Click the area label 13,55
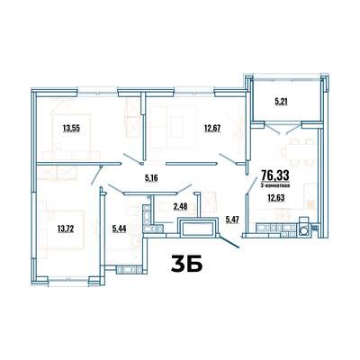pos(71,129)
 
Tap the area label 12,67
pos(212,129)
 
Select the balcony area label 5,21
pos(281,102)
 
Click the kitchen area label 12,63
pos(276,198)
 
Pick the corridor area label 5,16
pos(151,178)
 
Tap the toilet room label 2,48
pos(180,206)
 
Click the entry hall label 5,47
pos(231,220)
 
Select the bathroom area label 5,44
pos(119,229)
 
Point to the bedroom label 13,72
pos(66,229)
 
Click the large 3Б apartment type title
pos(186,264)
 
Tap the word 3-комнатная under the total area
pos(275,185)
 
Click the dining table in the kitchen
pos(295,152)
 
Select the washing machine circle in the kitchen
pos(304,230)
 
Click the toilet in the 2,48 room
pos(163,206)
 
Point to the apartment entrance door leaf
pos(230,242)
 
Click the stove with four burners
pos(283,212)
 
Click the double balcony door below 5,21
pos(283,128)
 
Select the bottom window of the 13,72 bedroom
pos(68,280)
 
